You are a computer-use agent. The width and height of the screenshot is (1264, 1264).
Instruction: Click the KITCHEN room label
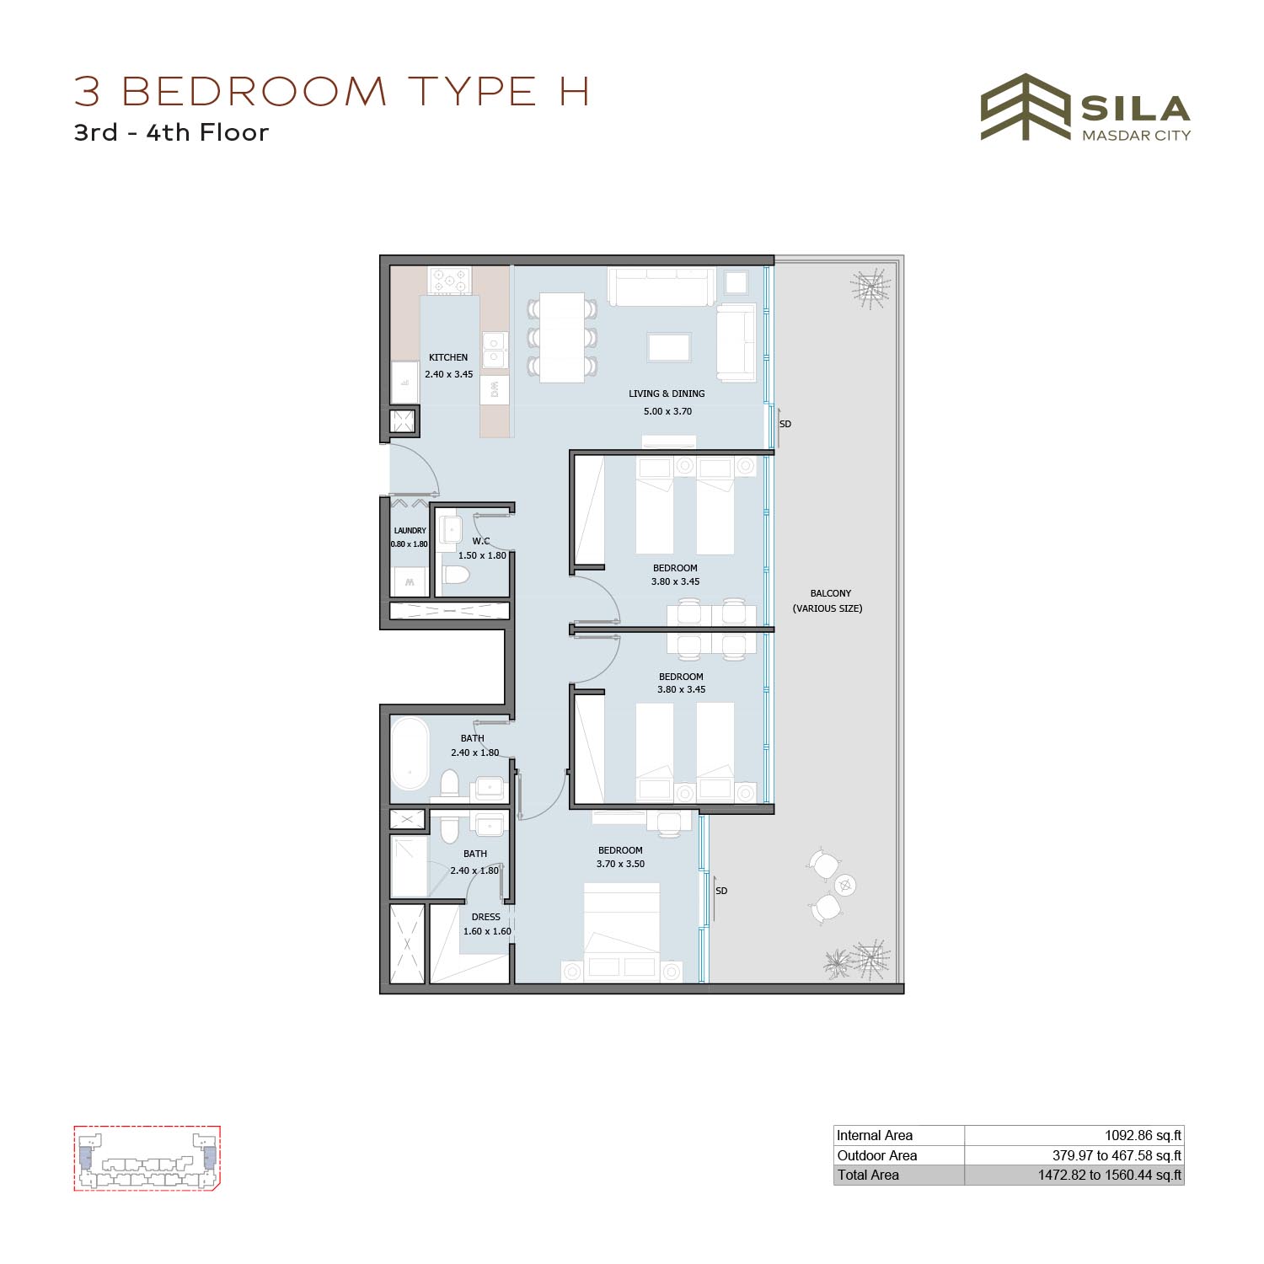point(448,357)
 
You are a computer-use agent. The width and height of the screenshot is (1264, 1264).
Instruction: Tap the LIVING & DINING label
point(667,394)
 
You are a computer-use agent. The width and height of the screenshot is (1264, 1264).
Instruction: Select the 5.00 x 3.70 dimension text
point(667,411)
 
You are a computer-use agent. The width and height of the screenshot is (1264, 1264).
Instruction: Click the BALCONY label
point(831,593)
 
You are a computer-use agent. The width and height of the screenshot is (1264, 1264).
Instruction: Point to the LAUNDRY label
point(410,531)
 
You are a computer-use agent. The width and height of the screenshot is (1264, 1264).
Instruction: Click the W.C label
point(481,541)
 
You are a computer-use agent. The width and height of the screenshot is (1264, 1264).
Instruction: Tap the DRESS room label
point(486,917)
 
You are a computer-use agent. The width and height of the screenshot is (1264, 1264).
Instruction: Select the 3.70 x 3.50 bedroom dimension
point(621,864)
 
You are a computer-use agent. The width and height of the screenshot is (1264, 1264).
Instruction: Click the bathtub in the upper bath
point(410,753)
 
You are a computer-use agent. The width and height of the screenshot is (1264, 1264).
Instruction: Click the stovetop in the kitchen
point(449,281)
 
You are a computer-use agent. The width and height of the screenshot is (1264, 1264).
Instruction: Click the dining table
point(562,337)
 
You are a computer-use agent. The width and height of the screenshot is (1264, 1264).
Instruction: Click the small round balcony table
point(845,885)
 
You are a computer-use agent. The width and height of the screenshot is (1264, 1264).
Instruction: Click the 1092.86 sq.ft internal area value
point(1143,1135)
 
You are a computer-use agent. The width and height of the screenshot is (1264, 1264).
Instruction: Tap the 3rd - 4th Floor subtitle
point(172,132)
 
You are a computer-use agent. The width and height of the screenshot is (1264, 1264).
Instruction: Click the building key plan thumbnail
point(147,1159)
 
